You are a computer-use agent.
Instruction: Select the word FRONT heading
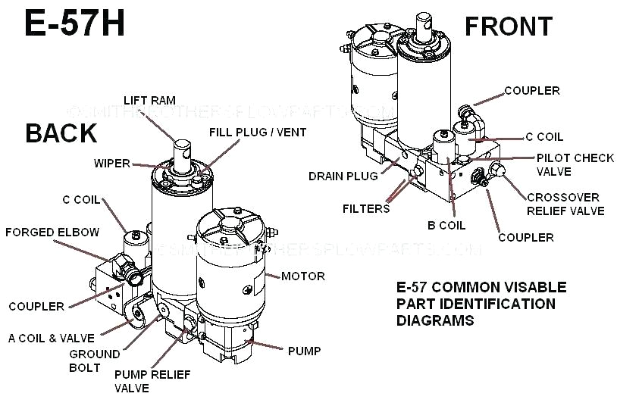pyautogui.click(x=509, y=26)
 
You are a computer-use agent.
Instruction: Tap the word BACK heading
pyautogui.click(x=61, y=133)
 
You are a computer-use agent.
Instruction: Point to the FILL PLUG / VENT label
pyautogui.click(x=258, y=133)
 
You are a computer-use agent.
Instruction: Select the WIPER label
pyautogui.click(x=112, y=163)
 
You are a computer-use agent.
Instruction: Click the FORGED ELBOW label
pyautogui.click(x=52, y=232)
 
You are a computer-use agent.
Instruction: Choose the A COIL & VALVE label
pyautogui.click(x=52, y=338)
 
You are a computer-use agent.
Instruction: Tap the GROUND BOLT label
pyautogui.click(x=95, y=361)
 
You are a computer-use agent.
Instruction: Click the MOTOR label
pyautogui.click(x=302, y=276)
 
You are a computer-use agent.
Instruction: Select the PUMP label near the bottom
pyautogui.click(x=304, y=351)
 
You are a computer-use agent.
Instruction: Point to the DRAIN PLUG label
pyautogui.click(x=343, y=176)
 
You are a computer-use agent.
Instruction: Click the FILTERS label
pyautogui.click(x=365, y=208)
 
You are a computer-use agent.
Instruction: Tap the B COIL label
pyautogui.click(x=446, y=225)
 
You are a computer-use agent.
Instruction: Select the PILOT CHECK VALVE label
pyautogui.click(x=575, y=164)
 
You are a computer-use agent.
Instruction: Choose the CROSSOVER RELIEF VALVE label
pyautogui.click(x=565, y=204)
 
